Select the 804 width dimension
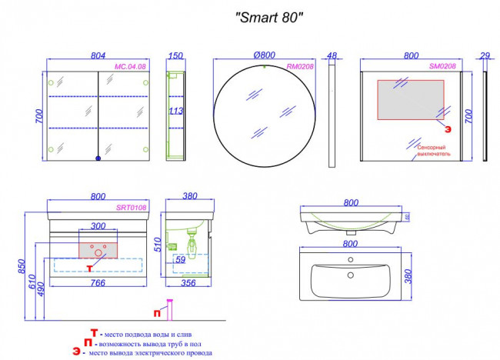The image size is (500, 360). (x=98, y=56)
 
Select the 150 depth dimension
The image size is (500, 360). (x=176, y=56)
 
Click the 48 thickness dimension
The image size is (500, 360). (x=332, y=56)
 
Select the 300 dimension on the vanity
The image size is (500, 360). (x=98, y=227)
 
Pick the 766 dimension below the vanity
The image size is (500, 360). (x=97, y=283)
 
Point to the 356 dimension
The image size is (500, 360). (x=188, y=283)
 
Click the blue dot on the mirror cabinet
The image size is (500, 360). (x=98, y=158)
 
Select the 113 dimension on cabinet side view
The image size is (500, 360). (x=176, y=111)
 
